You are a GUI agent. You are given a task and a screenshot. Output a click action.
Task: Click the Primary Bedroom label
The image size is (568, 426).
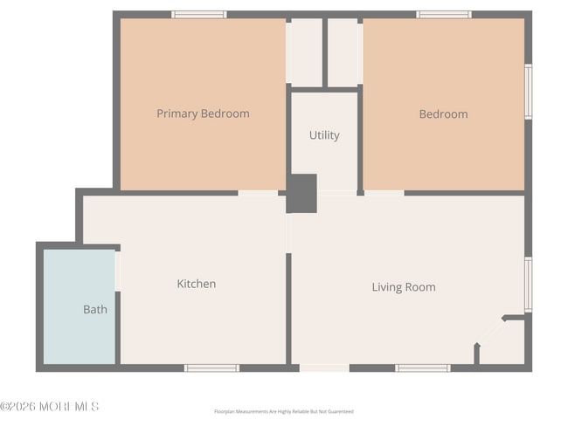tap(203, 113)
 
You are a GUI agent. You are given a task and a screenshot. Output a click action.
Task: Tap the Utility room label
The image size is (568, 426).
tap(324, 135)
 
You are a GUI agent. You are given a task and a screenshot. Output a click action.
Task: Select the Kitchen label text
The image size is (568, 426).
tap(197, 284)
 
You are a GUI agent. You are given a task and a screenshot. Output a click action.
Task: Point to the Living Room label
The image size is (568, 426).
tap(404, 287)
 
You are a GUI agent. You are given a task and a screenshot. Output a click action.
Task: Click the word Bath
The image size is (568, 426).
tap(95, 309)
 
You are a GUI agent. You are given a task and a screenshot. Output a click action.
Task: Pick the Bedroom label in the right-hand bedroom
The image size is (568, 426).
tap(443, 113)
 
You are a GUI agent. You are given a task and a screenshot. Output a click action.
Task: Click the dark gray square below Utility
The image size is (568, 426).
tap(302, 193)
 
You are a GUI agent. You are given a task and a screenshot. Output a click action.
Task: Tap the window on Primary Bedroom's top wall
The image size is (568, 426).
tap(199, 14)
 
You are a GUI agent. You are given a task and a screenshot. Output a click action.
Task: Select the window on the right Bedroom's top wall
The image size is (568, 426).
tap(444, 14)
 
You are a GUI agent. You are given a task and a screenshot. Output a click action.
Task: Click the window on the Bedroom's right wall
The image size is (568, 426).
tap(528, 92)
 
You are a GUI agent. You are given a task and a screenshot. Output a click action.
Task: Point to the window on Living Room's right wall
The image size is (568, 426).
tap(528, 284)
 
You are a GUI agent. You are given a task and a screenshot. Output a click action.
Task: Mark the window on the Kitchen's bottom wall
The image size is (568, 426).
tap(211, 368)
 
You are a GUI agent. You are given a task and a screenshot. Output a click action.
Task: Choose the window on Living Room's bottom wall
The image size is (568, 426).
tap(423, 368)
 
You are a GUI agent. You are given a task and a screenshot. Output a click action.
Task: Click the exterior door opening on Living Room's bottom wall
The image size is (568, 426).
tap(324, 368)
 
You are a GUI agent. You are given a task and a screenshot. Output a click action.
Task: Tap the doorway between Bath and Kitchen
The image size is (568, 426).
tap(119, 271)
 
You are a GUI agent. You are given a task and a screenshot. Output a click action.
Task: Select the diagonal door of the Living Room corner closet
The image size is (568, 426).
tap(490, 332)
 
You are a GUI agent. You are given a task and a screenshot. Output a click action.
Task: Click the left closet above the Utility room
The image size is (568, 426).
tap(305, 52)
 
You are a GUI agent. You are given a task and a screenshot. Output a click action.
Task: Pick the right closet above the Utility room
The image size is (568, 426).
tap(343, 52)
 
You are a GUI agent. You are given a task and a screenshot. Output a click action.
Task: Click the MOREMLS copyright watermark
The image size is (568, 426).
tap(50, 407)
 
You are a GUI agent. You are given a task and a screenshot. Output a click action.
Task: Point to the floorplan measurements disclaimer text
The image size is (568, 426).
tap(284, 411)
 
